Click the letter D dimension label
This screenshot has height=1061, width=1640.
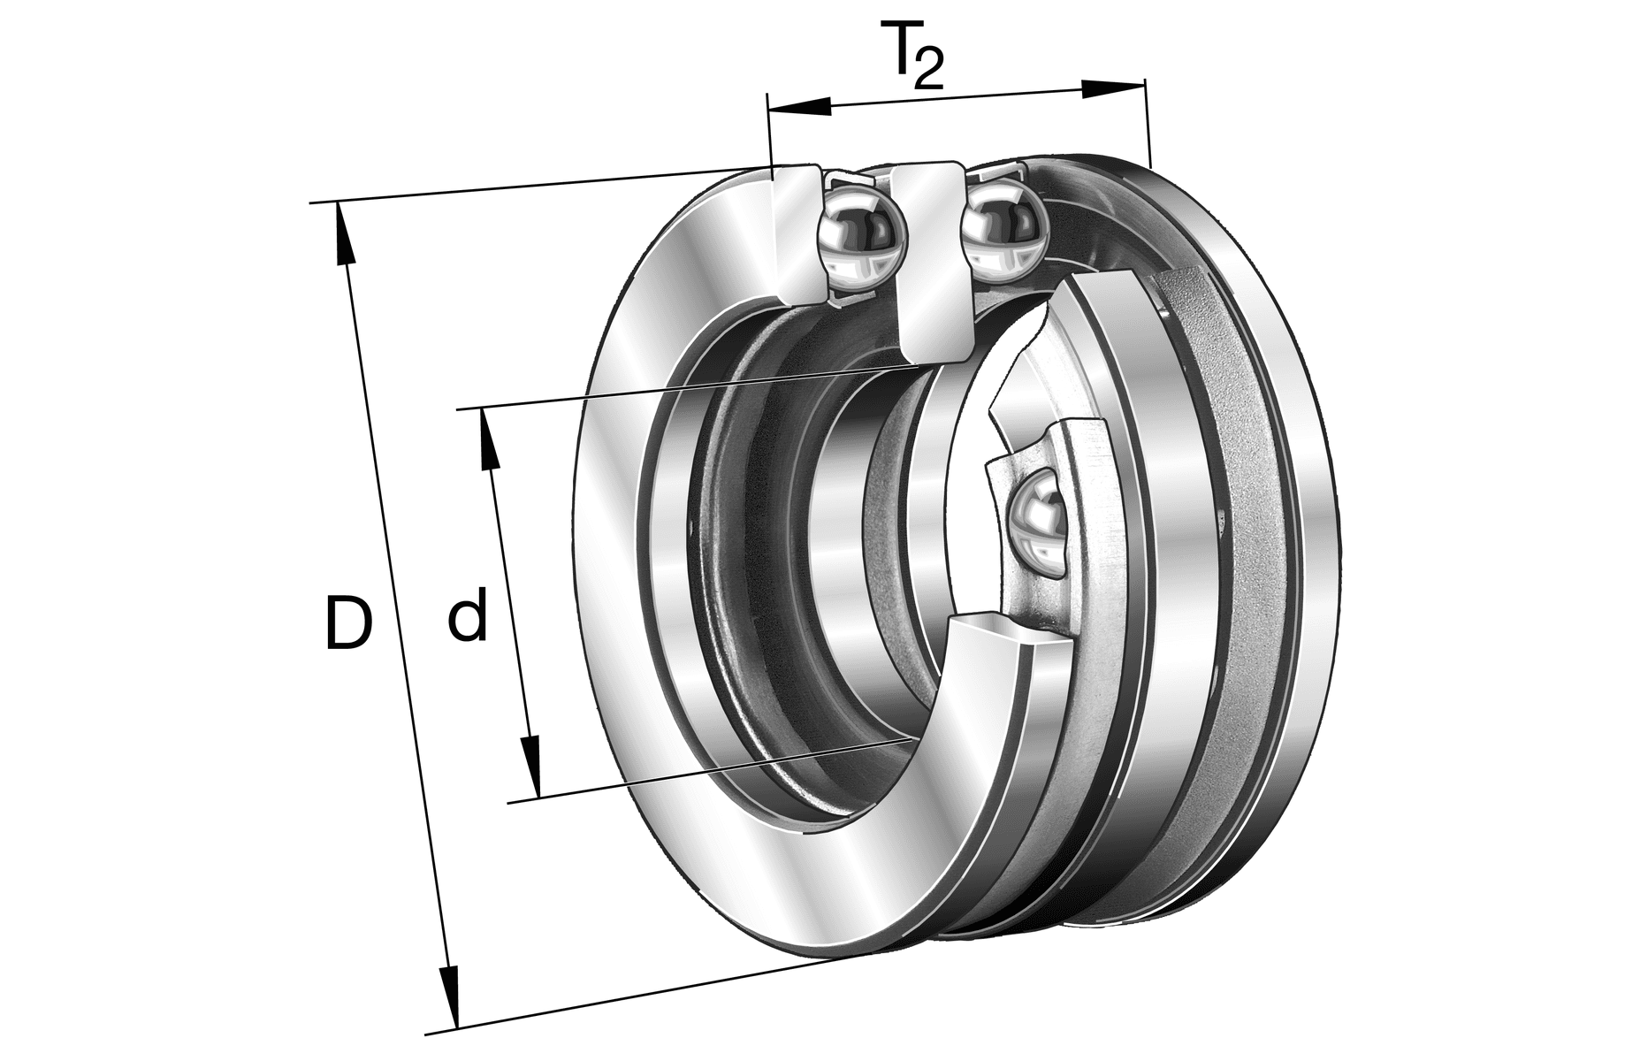(347, 623)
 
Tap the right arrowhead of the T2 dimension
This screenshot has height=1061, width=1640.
(1112, 88)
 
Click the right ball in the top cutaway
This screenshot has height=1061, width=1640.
(1003, 225)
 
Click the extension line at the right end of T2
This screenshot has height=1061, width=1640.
(1148, 124)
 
